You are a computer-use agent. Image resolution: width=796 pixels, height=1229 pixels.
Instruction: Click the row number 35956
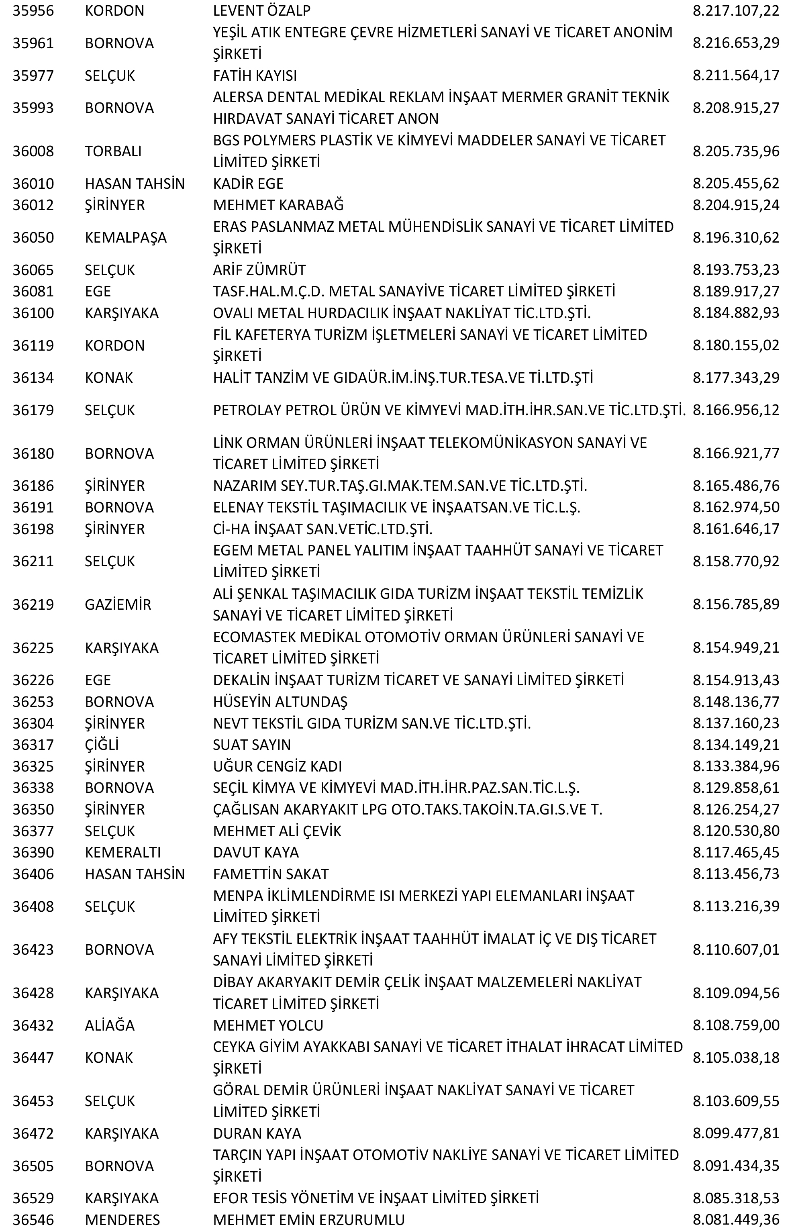[33, 11]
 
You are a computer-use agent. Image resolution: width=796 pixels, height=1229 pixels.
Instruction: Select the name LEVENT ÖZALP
[262, 11]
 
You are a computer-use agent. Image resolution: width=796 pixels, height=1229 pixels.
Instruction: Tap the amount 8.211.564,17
[736, 76]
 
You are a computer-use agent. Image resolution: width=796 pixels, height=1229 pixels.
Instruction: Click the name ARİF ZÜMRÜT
[259, 270]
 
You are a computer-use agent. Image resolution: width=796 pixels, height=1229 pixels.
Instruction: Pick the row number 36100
[33, 313]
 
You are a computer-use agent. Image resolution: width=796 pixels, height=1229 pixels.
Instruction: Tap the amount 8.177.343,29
[736, 378]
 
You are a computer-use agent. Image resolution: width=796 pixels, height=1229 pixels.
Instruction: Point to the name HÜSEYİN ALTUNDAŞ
[280, 702]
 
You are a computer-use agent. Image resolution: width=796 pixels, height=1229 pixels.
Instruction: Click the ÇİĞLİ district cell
[102, 745]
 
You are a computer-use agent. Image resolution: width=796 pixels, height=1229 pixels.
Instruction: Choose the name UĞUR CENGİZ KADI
[277, 766]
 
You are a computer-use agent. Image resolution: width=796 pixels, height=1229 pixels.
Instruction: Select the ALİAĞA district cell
[109, 1025]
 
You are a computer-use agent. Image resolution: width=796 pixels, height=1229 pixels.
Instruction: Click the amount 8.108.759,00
[736, 1025]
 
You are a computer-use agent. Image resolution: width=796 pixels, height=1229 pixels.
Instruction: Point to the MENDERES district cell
[122, 1220]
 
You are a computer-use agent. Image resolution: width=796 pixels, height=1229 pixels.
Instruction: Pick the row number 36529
[33, 1198]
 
